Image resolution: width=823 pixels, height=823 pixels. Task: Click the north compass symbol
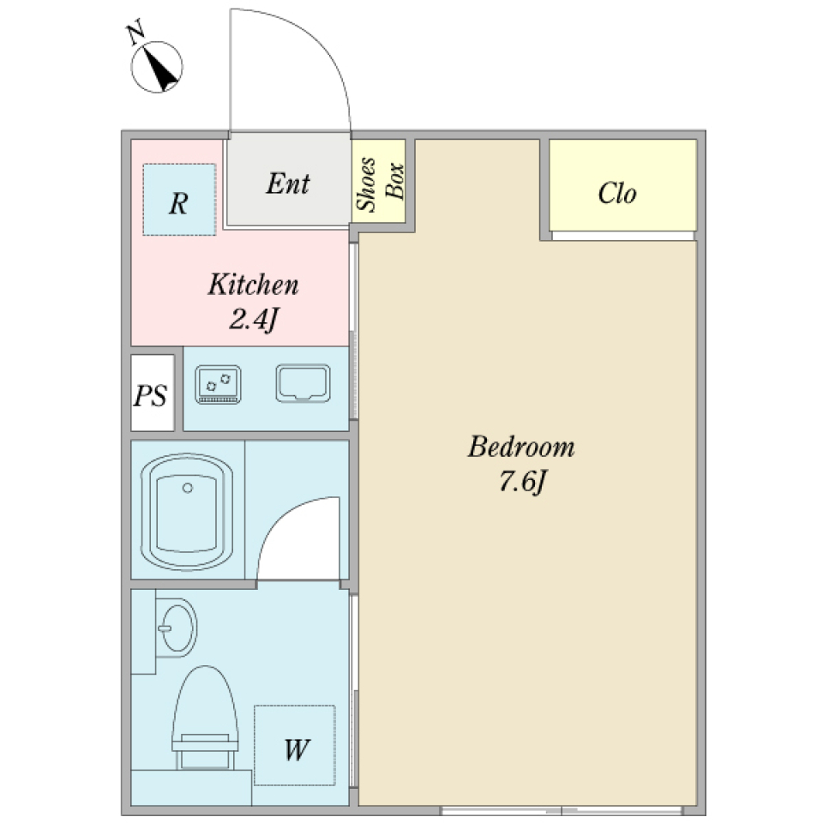click(158, 68)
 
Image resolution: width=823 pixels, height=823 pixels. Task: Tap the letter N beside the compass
click(135, 34)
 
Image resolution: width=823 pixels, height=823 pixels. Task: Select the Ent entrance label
click(287, 183)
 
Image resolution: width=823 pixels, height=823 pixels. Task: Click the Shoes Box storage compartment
click(378, 182)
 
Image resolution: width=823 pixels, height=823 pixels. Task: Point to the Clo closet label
click(617, 194)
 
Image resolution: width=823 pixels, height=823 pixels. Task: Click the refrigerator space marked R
click(178, 201)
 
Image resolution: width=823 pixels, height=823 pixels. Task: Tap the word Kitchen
click(253, 285)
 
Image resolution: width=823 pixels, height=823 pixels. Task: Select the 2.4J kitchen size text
click(254, 319)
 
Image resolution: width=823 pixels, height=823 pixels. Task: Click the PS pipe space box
click(151, 395)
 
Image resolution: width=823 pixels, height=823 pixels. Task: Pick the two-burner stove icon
click(219, 384)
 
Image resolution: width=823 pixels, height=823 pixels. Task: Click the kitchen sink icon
click(303, 383)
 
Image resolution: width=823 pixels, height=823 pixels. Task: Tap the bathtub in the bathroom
click(187, 512)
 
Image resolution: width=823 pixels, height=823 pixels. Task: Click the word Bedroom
click(521, 448)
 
